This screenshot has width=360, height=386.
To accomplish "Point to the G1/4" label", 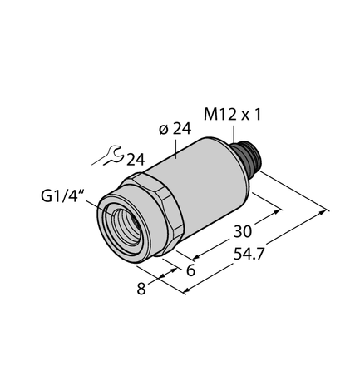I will pyautogui.click(x=62, y=198).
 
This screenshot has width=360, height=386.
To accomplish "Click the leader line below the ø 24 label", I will pyautogui.click(x=178, y=148).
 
